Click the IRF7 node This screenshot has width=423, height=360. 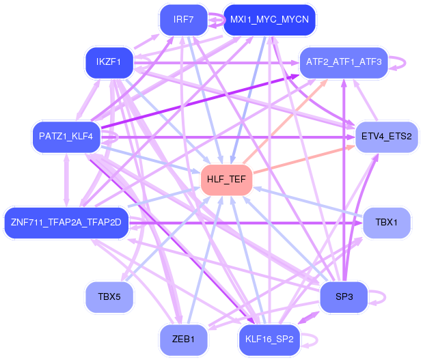pos(183,20)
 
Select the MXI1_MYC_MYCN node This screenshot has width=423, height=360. pos(269,20)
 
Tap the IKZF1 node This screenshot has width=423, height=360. pos(109,63)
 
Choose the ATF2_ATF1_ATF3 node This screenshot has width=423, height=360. pos(344,63)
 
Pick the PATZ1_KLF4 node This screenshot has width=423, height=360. pos(66,137)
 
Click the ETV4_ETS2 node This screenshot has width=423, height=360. pos(387,137)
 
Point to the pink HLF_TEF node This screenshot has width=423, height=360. pos(226,180)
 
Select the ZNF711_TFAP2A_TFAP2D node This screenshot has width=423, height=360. pos(66,223)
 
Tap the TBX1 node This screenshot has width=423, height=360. pos(387,223)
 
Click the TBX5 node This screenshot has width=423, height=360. pos(109,297)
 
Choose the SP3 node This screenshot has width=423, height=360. pos(344,297)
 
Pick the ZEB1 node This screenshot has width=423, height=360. pos(183,340)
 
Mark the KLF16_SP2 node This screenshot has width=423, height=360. pos(269,340)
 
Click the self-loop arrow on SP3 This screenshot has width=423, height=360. pos(385,297)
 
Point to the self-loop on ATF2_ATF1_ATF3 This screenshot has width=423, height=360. pos(405,63)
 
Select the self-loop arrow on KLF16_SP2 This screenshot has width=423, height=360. pos(317,340)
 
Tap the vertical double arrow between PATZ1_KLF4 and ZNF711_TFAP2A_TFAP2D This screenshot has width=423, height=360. pos(66,180)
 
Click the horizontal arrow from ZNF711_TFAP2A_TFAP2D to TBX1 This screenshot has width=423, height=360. pos(246,223)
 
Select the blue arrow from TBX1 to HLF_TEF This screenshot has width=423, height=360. pos(308,202)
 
